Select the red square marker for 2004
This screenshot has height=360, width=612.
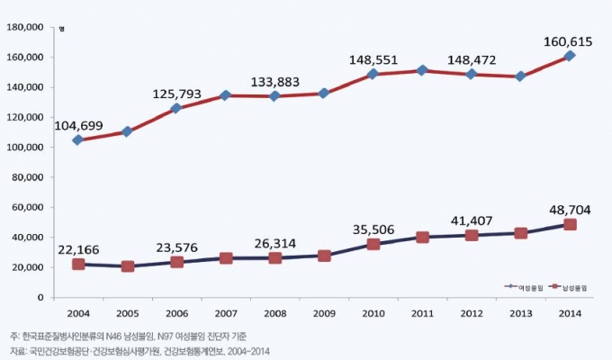point(78,264)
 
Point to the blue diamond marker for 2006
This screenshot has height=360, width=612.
point(176,108)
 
